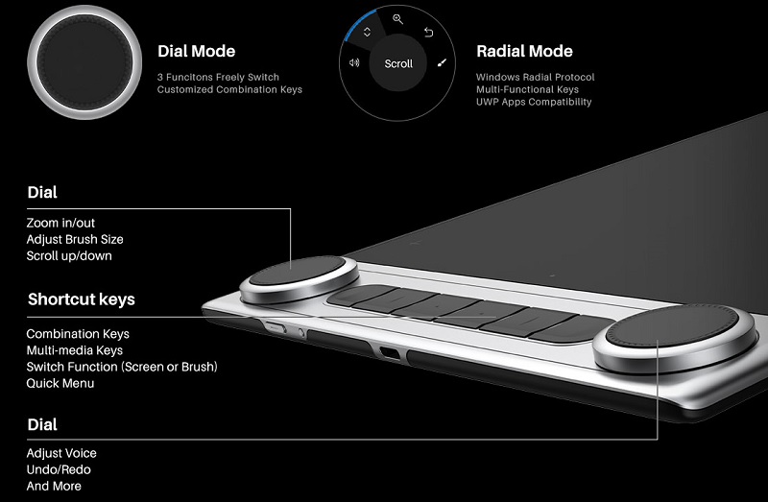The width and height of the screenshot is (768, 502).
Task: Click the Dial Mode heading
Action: [196, 52]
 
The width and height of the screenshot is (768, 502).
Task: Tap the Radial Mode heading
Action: [524, 52]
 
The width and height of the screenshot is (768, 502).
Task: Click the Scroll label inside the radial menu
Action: [398, 63]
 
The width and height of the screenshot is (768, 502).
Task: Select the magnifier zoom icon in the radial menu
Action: [397, 19]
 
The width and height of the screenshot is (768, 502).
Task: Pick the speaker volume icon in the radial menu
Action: [354, 63]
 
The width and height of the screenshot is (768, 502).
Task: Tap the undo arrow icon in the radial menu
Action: [428, 32]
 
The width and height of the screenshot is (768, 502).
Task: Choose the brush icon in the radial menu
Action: [442, 63]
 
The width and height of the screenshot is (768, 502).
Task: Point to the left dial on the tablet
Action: [295, 277]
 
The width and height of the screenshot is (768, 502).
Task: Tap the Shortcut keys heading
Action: [81, 299]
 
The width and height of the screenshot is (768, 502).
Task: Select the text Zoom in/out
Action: [60, 223]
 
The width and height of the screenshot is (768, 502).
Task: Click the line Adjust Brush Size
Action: [75, 239]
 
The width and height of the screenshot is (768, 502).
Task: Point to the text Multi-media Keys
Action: [74, 350]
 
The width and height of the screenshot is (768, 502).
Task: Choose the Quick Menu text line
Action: [60, 383]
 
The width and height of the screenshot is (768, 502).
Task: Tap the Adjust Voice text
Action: [61, 453]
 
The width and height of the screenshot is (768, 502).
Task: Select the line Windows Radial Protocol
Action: [535, 77]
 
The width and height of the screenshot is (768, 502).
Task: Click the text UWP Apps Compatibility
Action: [533, 102]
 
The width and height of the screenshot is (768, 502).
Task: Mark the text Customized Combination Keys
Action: [229, 89]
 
